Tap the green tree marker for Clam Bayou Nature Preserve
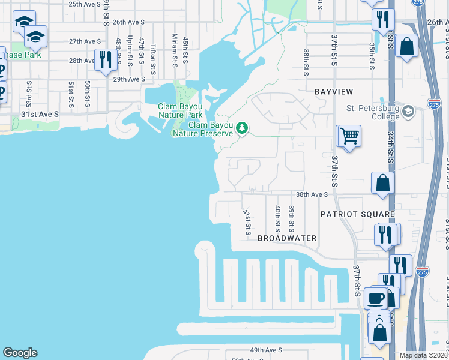point(242,127)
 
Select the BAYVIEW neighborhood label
point(333,91)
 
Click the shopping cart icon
point(349,135)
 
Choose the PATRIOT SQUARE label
point(357,214)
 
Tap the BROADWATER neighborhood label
point(287,238)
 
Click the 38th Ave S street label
point(312,194)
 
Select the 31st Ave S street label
point(40,114)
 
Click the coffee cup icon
point(376,298)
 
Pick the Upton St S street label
point(130,49)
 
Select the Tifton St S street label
point(154,55)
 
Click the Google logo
point(20,353)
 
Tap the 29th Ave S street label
point(129,79)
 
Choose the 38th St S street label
point(306,62)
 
